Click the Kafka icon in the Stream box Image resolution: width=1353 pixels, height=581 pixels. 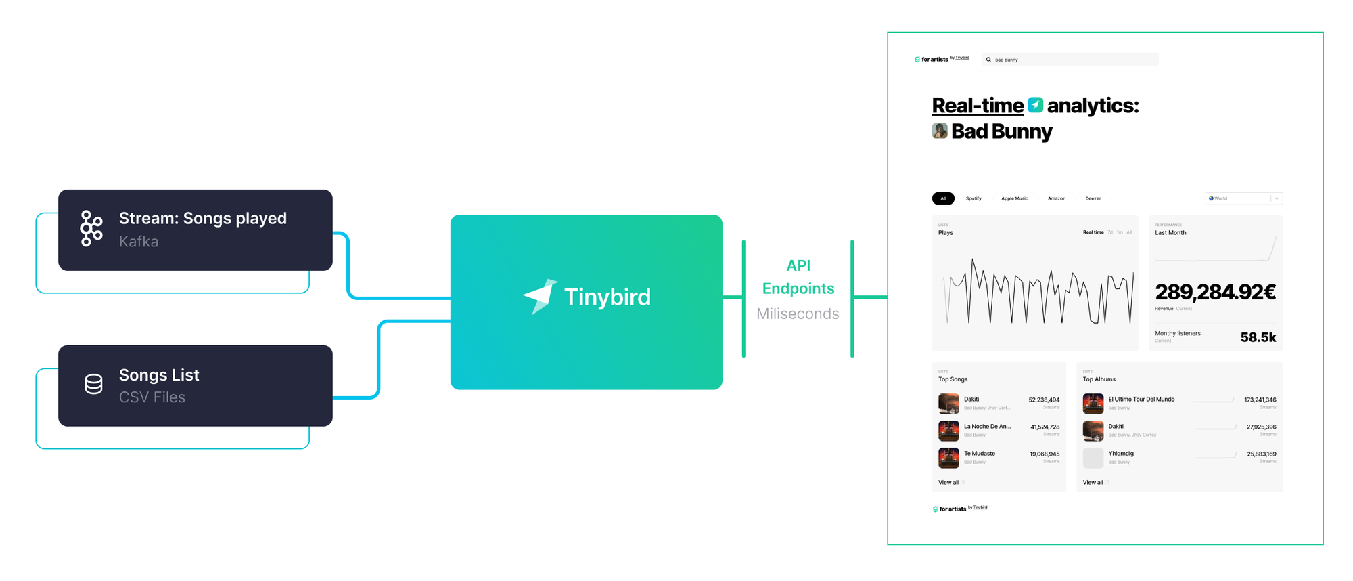[x=91, y=228]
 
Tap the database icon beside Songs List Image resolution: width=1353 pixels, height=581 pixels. [x=94, y=385]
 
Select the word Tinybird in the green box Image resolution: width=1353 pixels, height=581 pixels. [x=607, y=297]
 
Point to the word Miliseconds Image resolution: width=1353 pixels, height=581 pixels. [x=798, y=314]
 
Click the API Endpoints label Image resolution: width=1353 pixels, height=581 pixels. [x=798, y=277]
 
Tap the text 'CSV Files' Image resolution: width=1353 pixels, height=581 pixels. [x=152, y=397]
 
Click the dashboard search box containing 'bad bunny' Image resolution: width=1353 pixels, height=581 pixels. [x=1070, y=60]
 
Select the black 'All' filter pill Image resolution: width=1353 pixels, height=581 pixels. [x=943, y=198]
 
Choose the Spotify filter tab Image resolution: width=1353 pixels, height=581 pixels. [x=973, y=198]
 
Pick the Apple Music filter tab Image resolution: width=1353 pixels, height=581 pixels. [x=1014, y=198]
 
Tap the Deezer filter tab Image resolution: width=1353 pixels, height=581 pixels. [x=1093, y=198]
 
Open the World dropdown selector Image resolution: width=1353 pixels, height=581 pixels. [x=1243, y=198]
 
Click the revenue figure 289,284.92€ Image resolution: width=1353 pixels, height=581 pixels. [x=1215, y=293]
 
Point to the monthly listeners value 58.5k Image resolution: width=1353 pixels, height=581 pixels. [x=1258, y=337]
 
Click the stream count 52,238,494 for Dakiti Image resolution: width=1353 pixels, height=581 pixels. [x=1044, y=400]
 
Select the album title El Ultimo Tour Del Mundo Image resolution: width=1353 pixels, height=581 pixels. [x=1141, y=400]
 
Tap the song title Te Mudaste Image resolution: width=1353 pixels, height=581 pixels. [x=980, y=454]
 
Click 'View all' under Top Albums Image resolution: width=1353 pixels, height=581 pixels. [x=1093, y=483]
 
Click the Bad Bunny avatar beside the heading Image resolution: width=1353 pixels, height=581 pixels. [x=940, y=131]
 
